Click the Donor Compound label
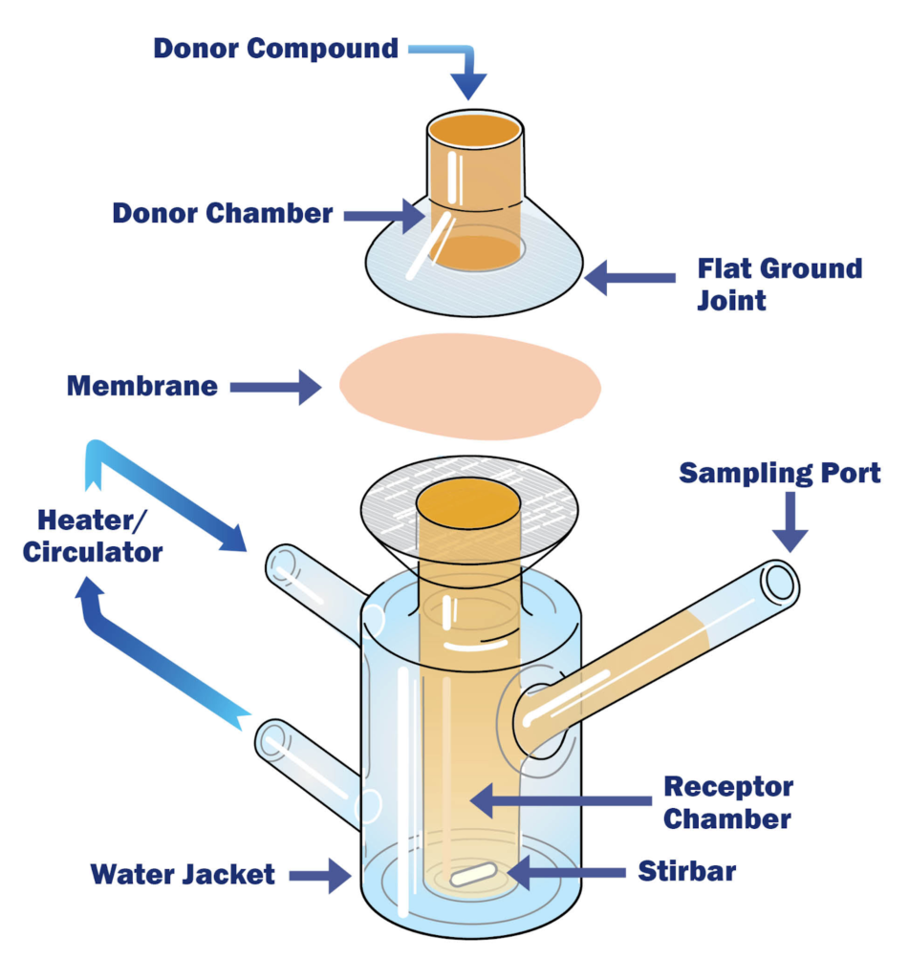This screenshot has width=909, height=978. click(275, 48)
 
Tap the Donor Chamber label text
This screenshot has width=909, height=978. click(222, 213)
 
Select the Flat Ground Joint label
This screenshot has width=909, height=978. click(780, 284)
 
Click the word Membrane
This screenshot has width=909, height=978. click(142, 387)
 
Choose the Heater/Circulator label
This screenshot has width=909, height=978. click(99, 536)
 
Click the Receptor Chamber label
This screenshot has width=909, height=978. click(728, 803)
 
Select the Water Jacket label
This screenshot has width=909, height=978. click(183, 874)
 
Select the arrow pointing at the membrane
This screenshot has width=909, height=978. click(277, 387)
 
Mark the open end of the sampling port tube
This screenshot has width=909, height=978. click(778, 583)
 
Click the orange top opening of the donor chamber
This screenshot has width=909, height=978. click(474, 130)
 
